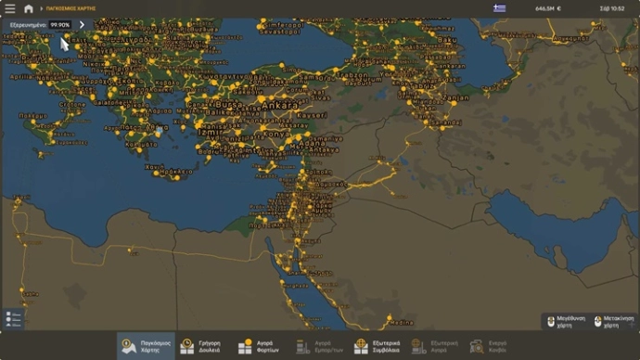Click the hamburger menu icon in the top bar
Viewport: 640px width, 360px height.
[10, 8]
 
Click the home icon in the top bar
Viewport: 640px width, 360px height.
[29, 8]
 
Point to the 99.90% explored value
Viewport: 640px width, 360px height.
[60, 25]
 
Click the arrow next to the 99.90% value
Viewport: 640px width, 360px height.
[82, 25]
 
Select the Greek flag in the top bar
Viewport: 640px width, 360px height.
[500, 8]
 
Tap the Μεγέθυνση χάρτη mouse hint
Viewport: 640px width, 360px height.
[565, 321]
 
